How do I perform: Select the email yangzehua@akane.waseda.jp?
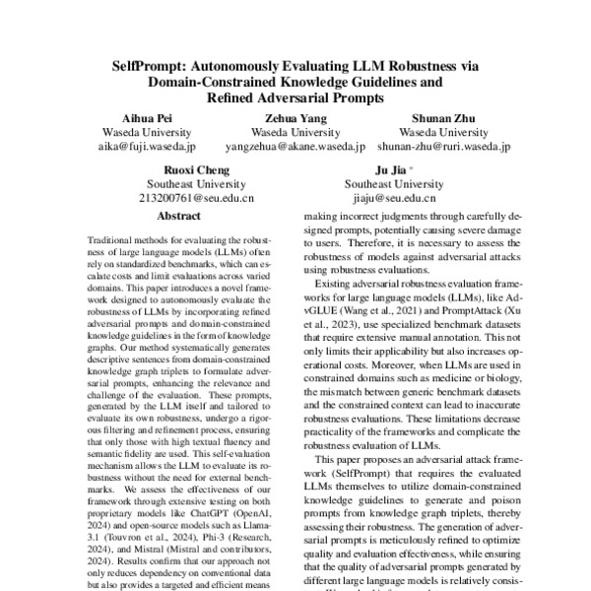pyautogui.click(x=295, y=147)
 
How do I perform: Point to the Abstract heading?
pyautogui.click(x=178, y=215)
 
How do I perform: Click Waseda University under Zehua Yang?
pyautogui.click(x=295, y=132)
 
